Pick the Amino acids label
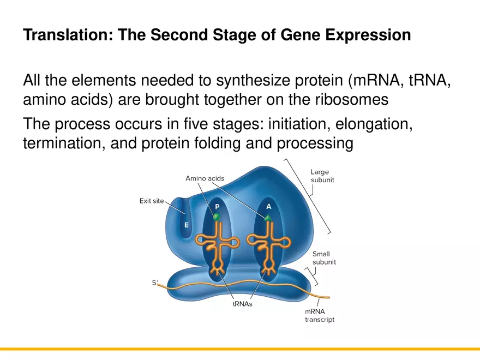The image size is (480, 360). coord(205,178)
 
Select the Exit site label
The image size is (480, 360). coord(152,201)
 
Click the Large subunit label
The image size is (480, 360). coord(322,176)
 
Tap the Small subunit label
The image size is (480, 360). coord(324,258)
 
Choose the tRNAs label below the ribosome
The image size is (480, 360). coord(243,304)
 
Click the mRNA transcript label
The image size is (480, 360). coord(320,315)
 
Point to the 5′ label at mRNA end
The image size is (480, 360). coord(155,283)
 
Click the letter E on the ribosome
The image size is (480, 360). coord(187,225)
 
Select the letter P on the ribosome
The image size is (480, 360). coord(217,207)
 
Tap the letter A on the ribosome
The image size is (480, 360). coord(268,207)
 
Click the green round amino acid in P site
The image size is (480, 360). coord(217,217)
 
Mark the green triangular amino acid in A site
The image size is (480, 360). coord(268,218)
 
